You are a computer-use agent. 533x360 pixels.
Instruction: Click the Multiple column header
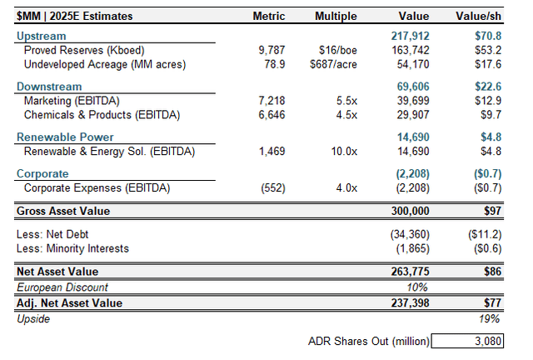[x=336, y=16]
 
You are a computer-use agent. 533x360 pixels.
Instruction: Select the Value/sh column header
[x=478, y=16]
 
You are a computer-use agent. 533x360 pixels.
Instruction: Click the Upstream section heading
[x=41, y=37]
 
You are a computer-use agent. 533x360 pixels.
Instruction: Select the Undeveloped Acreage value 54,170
[x=413, y=63]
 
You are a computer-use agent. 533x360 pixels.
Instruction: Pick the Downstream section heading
[x=48, y=87]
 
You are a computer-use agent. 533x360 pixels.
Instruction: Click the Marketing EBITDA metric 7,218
[x=272, y=100]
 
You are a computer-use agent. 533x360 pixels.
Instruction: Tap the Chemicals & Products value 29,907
[x=413, y=113]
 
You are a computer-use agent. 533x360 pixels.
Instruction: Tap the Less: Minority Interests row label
[x=72, y=248]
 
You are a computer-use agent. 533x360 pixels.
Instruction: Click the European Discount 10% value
[x=418, y=287]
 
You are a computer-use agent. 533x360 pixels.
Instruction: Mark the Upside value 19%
[x=488, y=318]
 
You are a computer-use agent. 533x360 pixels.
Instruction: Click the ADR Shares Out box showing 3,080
[x=478, y=340]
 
